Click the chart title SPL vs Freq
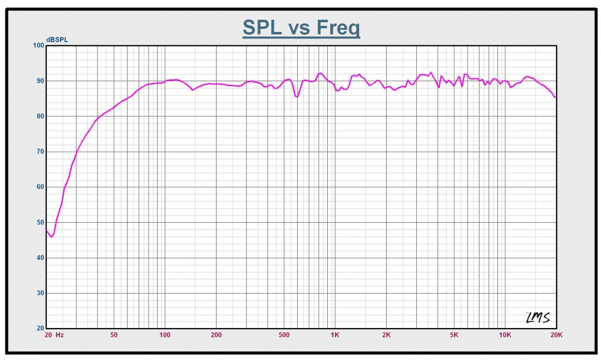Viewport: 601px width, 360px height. [x=301, y=27]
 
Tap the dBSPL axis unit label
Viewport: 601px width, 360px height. [x=58, y=40]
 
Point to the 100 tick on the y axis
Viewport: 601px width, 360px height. [x=38, y=45]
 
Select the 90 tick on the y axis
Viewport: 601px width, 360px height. [x=39, y=81]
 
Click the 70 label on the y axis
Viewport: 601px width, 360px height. [x=39, y=152]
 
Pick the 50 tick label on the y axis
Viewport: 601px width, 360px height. [x=39, y=223]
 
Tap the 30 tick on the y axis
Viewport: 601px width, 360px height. [x=39, y=293]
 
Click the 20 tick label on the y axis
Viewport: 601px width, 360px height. [x=39, y=329]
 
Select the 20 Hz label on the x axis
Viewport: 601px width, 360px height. [x=54, y=335]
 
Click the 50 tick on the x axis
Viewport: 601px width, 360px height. [x=114, y=335]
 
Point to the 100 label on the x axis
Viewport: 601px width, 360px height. [x=165, y=335]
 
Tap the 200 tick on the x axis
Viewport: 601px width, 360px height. [x=216, y=335]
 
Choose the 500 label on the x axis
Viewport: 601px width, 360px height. [x=284, y=335]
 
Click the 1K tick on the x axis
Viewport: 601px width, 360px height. [x=335, y=335]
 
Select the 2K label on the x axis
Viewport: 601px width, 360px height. [x=386, y=335]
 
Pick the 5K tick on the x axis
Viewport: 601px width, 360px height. [x=454, y=335]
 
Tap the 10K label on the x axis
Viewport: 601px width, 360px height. [x=505, y=335]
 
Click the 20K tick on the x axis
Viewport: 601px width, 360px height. [x=556, y=335]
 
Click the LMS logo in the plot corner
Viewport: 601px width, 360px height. [x=538, y=318]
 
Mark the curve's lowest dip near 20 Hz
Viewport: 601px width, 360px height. [x=51, y=237]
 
